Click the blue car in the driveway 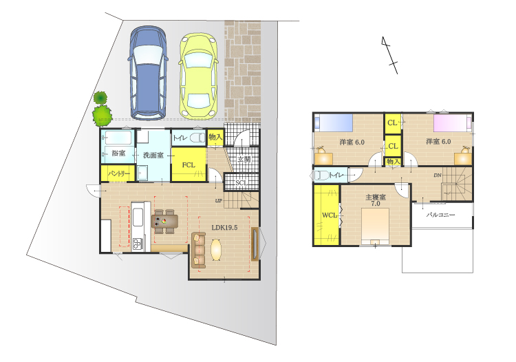(x=148, y=73)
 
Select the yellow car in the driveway (x=198, y=76)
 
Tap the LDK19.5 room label (x=224, y=227)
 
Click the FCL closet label (x=189, y=165)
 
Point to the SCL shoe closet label (x=241, y=182)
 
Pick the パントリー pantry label (x=119, y=173)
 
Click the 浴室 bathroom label (x=118, y=153)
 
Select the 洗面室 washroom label (x=153, y=155)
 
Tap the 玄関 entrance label (x=244, y=160)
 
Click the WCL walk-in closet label (x=329, y=215)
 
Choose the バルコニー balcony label (x=440, y=215)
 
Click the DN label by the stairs (x=438, y=175)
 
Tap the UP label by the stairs (x=219, y=200)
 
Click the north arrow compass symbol (x=389, y=55)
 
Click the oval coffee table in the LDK (x=216, y=249)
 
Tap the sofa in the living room (x=198, y=250)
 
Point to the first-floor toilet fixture (x=197, y=138)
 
